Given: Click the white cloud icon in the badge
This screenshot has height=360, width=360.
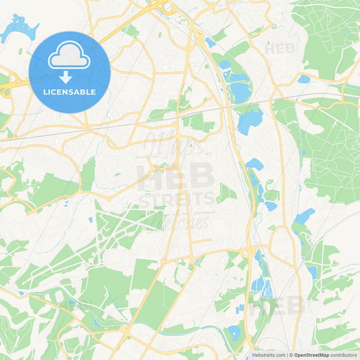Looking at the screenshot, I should click(70, 55).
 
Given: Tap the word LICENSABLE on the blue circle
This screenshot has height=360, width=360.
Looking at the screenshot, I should click(70, 91).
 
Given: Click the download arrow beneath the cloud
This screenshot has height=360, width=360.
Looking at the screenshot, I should click(70, 76).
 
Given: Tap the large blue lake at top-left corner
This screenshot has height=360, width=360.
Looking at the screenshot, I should click(19, 28).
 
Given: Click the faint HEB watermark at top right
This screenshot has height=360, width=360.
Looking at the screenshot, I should click(280, 49).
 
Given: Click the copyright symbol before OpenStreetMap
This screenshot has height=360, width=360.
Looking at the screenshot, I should click(290, 354).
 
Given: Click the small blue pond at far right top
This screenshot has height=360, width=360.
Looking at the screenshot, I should click(304, 79).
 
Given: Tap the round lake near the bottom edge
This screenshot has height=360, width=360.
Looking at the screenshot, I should click(234, 332).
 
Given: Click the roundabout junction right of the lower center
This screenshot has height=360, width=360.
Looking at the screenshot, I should click(247, 252).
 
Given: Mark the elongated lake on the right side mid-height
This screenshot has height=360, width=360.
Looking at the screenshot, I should click(304, 216).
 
